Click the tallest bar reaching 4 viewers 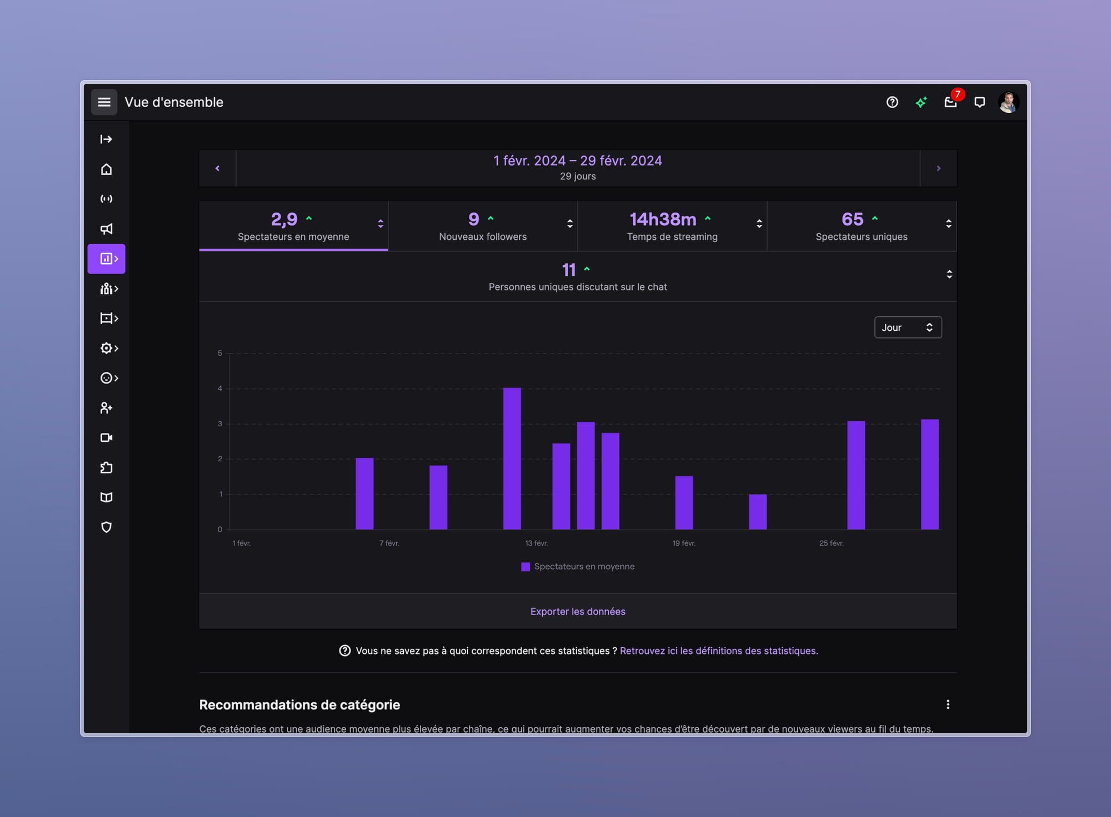coord(512,458)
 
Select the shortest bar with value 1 coord(758,512)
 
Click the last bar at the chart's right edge coord(930,474)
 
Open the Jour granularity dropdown coord(908,327)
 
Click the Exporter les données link coord(578,611)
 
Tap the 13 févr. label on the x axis coord(537,543)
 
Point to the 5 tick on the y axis coord(220,353)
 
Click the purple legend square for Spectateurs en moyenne coord(526,567)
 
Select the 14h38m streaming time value coord(663,219)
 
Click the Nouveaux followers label coord(483,236)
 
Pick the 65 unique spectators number coord(852,219)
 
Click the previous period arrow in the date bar coord(217,168)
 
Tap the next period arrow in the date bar coord(938,168)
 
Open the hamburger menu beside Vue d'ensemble coord(104,102)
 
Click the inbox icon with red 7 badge coord(950,102)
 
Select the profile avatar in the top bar coord(1008,102)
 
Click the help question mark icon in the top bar coord(892,102)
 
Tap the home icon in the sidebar coord(106,169)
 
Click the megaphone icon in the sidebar coord(106,229)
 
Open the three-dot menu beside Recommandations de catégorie coord(948,704)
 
